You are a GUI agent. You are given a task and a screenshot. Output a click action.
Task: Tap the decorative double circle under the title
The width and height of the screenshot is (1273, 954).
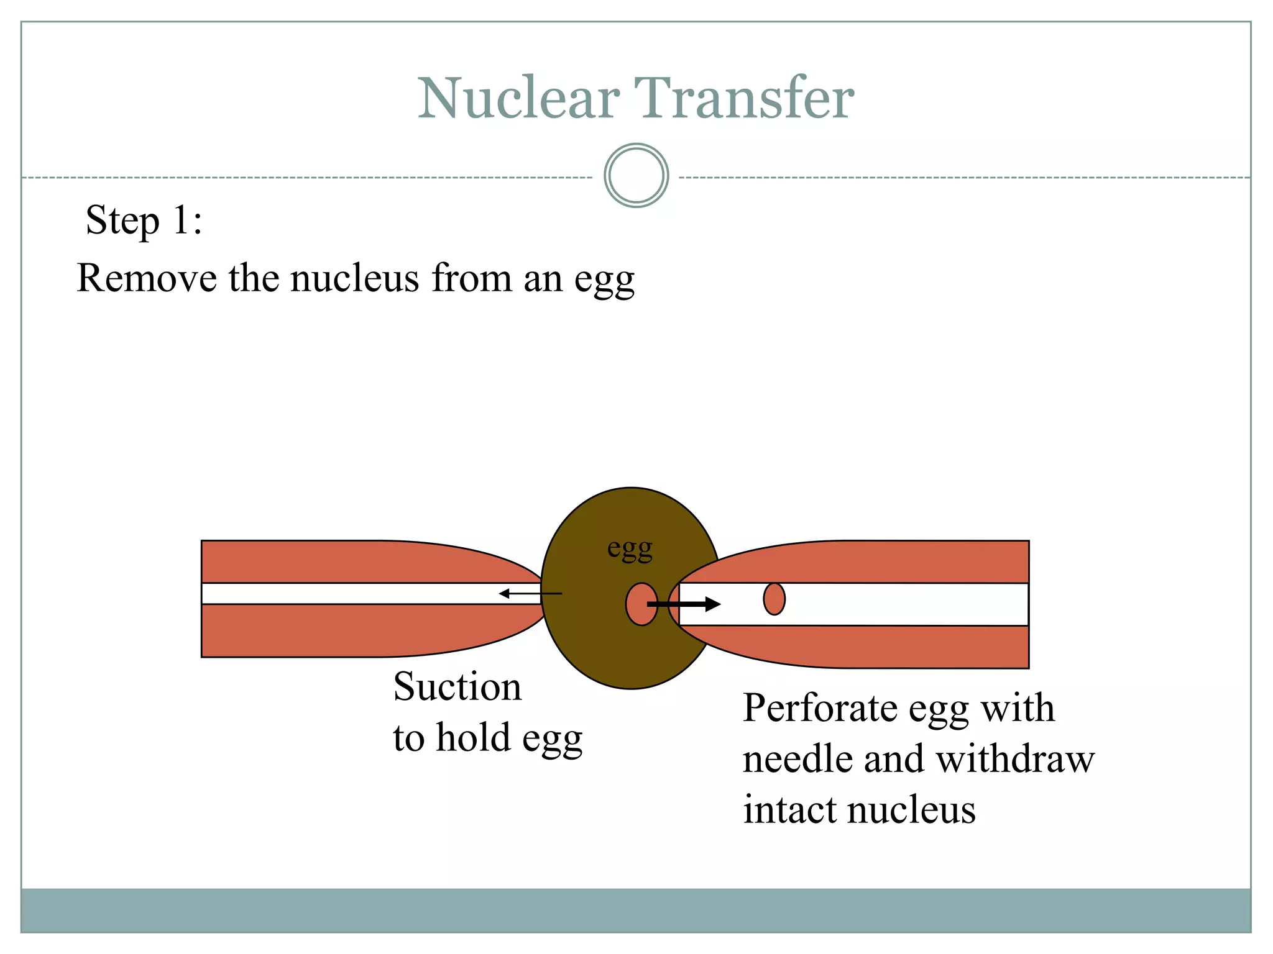coord(636,176)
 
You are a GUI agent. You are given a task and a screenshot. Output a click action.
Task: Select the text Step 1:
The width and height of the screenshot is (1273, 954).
coord(144,220)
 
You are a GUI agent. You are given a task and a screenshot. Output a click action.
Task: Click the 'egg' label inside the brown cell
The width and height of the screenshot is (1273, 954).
coord(630,549)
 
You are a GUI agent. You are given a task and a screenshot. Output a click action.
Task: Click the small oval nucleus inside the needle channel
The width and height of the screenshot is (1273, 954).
coord(774,599)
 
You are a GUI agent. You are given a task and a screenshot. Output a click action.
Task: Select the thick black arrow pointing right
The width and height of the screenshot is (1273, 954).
coord(684,604)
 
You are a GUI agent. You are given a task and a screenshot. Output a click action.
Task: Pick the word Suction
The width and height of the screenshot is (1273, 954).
coord(457,687)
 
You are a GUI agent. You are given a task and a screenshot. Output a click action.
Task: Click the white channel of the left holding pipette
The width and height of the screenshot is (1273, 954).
coord(348,594)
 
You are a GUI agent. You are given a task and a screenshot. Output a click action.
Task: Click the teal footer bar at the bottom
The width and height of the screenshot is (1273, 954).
coord(636,910)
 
